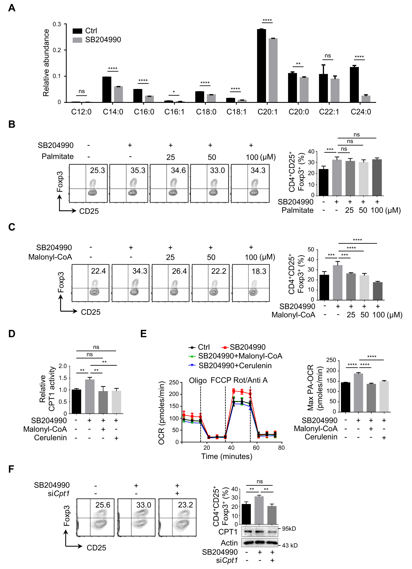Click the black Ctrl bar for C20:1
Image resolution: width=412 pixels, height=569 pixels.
point(261,66)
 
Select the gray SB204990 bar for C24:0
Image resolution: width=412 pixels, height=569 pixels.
point(366,99)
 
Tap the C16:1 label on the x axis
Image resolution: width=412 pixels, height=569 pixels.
point(174,112)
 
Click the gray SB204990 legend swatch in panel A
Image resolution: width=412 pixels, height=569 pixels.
point(77,40)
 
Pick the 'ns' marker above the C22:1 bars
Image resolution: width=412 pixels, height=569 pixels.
point(328,56)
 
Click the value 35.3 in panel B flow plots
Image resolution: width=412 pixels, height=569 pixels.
point(138,171)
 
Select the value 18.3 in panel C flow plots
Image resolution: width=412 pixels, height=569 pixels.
point(259,271)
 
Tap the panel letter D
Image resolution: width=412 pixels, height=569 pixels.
point(12,334)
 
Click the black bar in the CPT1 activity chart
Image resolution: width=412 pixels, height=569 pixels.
point(76,401)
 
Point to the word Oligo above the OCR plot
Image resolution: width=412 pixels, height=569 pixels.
point(198,381)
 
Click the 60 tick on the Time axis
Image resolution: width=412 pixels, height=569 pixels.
point(256,448)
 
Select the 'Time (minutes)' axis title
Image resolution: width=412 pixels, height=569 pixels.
point(226,456)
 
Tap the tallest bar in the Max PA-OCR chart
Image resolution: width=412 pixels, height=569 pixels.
point(358,393)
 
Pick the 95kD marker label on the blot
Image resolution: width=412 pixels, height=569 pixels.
point(289,529)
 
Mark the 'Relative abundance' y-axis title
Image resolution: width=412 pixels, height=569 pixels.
point(46,63)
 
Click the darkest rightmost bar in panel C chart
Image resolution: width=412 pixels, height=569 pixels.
point(378,291)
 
